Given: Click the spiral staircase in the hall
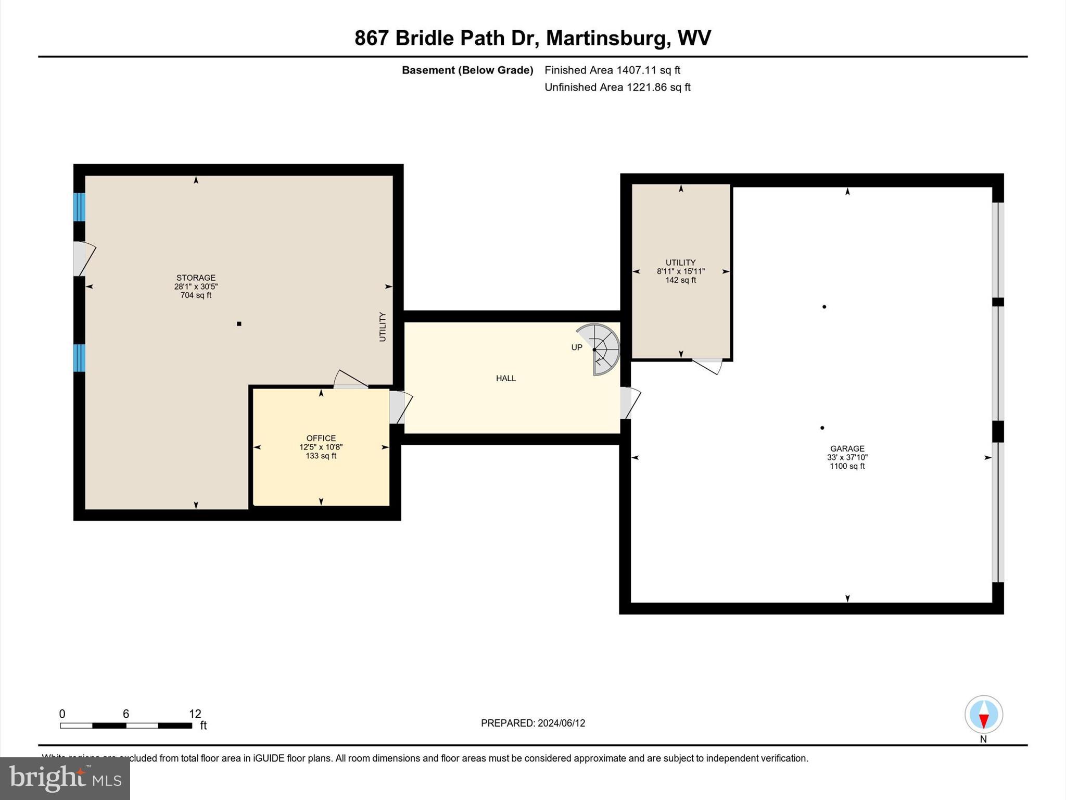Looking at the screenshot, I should tap(601, 349).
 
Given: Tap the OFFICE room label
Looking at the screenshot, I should tap(321, 438).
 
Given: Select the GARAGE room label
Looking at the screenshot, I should tap(847, 448).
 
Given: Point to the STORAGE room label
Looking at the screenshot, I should tap(196, 278).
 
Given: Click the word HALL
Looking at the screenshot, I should tap(505, 378).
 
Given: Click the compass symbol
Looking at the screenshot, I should tap(983, 715).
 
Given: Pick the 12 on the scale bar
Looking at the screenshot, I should tap(195, 714).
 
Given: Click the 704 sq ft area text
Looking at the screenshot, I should tap(196, 295).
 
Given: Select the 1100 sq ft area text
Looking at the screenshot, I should tap(847, 466).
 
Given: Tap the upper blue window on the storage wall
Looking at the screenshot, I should tap(79, 207).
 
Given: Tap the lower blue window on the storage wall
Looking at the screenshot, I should tap(79, 358).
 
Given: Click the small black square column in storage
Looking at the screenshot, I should tap(239, 324).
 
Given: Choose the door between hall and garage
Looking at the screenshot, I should tap(628, 403).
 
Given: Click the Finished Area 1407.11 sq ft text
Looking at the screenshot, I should tap(612, 70).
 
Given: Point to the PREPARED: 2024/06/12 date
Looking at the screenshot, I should tap(532, 723).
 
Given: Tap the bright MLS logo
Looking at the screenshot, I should tap(65, 778).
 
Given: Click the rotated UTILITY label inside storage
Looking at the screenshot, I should tap(383, 327).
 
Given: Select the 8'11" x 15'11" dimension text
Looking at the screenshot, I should tap(680, 271).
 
